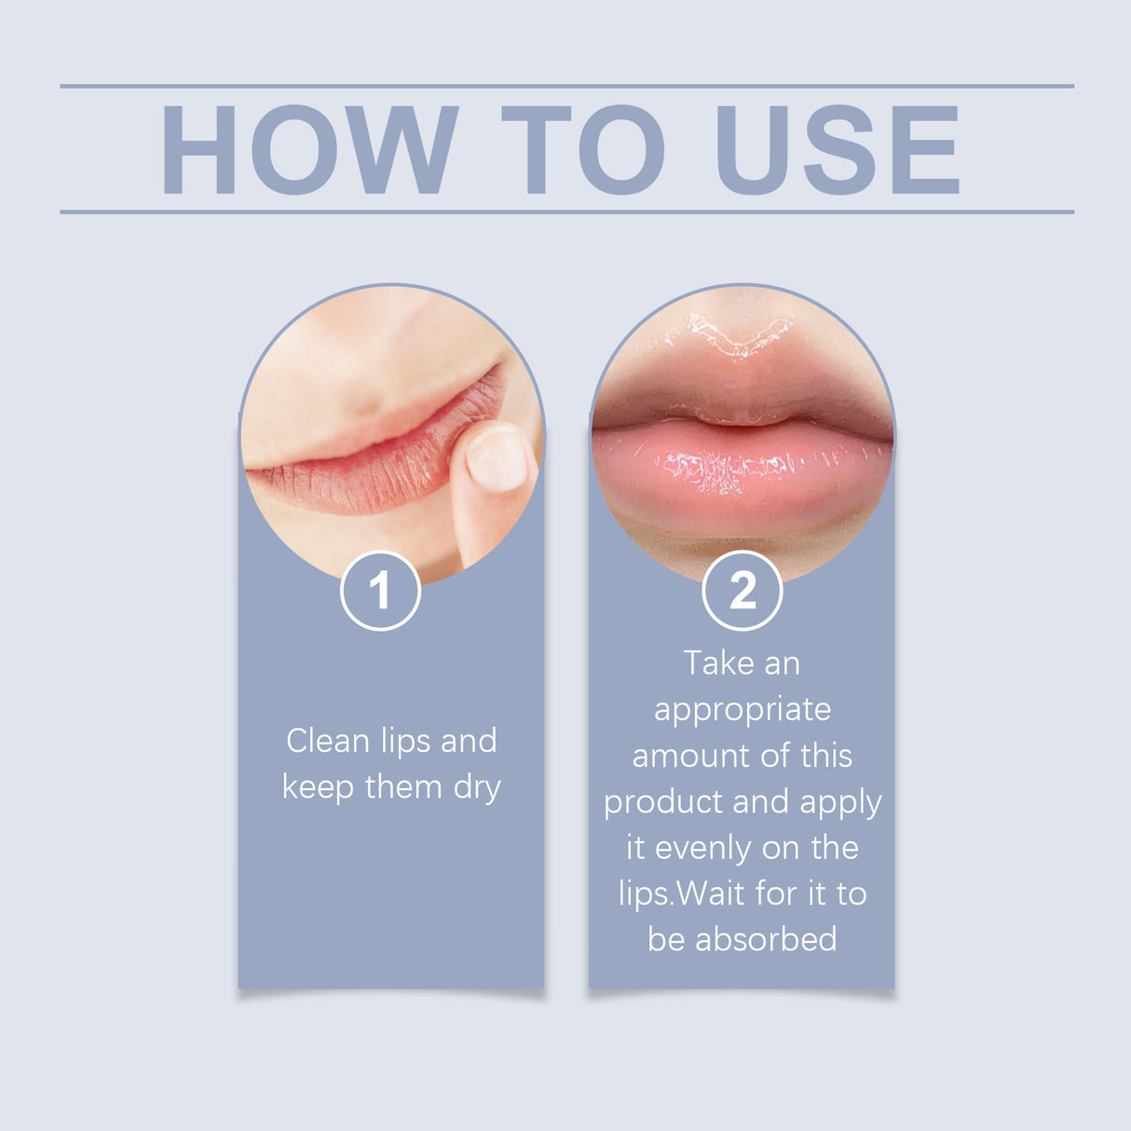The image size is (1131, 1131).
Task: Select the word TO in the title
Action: click(582, 150)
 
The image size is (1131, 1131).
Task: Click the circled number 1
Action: click(380, 591)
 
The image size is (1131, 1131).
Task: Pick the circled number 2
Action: click(742, 591)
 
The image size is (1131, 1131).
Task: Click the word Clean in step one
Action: click(328, 742)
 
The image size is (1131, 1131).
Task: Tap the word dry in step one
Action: click(477, 788)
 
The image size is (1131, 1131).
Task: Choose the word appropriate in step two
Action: click(743, 711)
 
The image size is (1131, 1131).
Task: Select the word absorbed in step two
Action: click(766, 939)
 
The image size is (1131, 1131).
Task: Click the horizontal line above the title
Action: click(566, 86)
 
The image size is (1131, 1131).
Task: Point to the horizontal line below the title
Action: click(566, 211)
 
